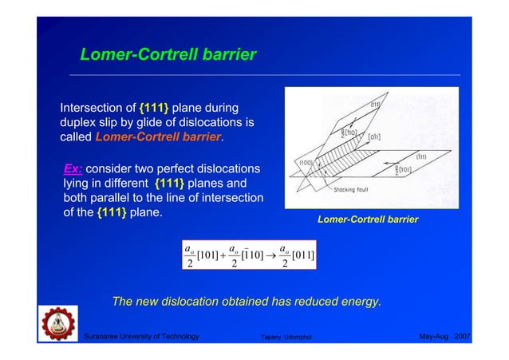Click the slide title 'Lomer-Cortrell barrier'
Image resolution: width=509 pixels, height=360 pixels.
168,55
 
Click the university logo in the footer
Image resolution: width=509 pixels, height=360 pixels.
57,328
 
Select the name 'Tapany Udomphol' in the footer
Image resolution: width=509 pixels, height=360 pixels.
288,338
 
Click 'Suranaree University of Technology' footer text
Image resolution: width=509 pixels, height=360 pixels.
141,338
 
